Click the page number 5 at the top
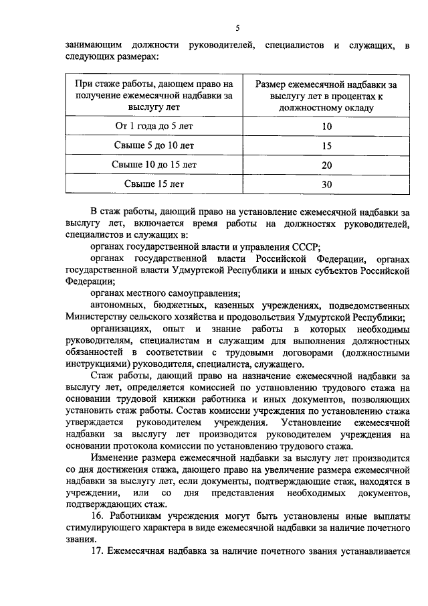pos(237,27)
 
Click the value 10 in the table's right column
pos(326,127)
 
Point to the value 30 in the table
pos(326,183)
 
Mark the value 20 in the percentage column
pos(326,164)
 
